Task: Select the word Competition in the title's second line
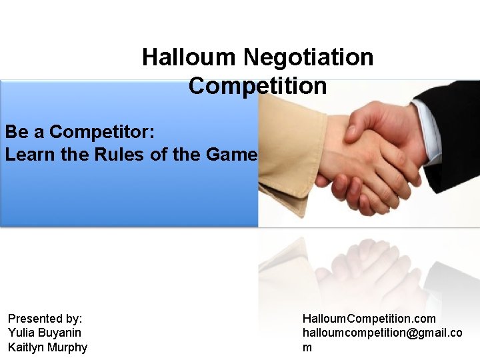tap(257, 86)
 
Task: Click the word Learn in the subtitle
tap(28, 155)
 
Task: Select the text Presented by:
tap(45, 319)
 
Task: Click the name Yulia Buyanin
tap(45, 333)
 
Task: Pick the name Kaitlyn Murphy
tap(47, 347)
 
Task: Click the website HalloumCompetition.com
tap(369, 319)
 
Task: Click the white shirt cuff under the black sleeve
tap(427, 130)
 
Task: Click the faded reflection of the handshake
tap(360, 273)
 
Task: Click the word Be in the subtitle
tap(15, 131)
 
